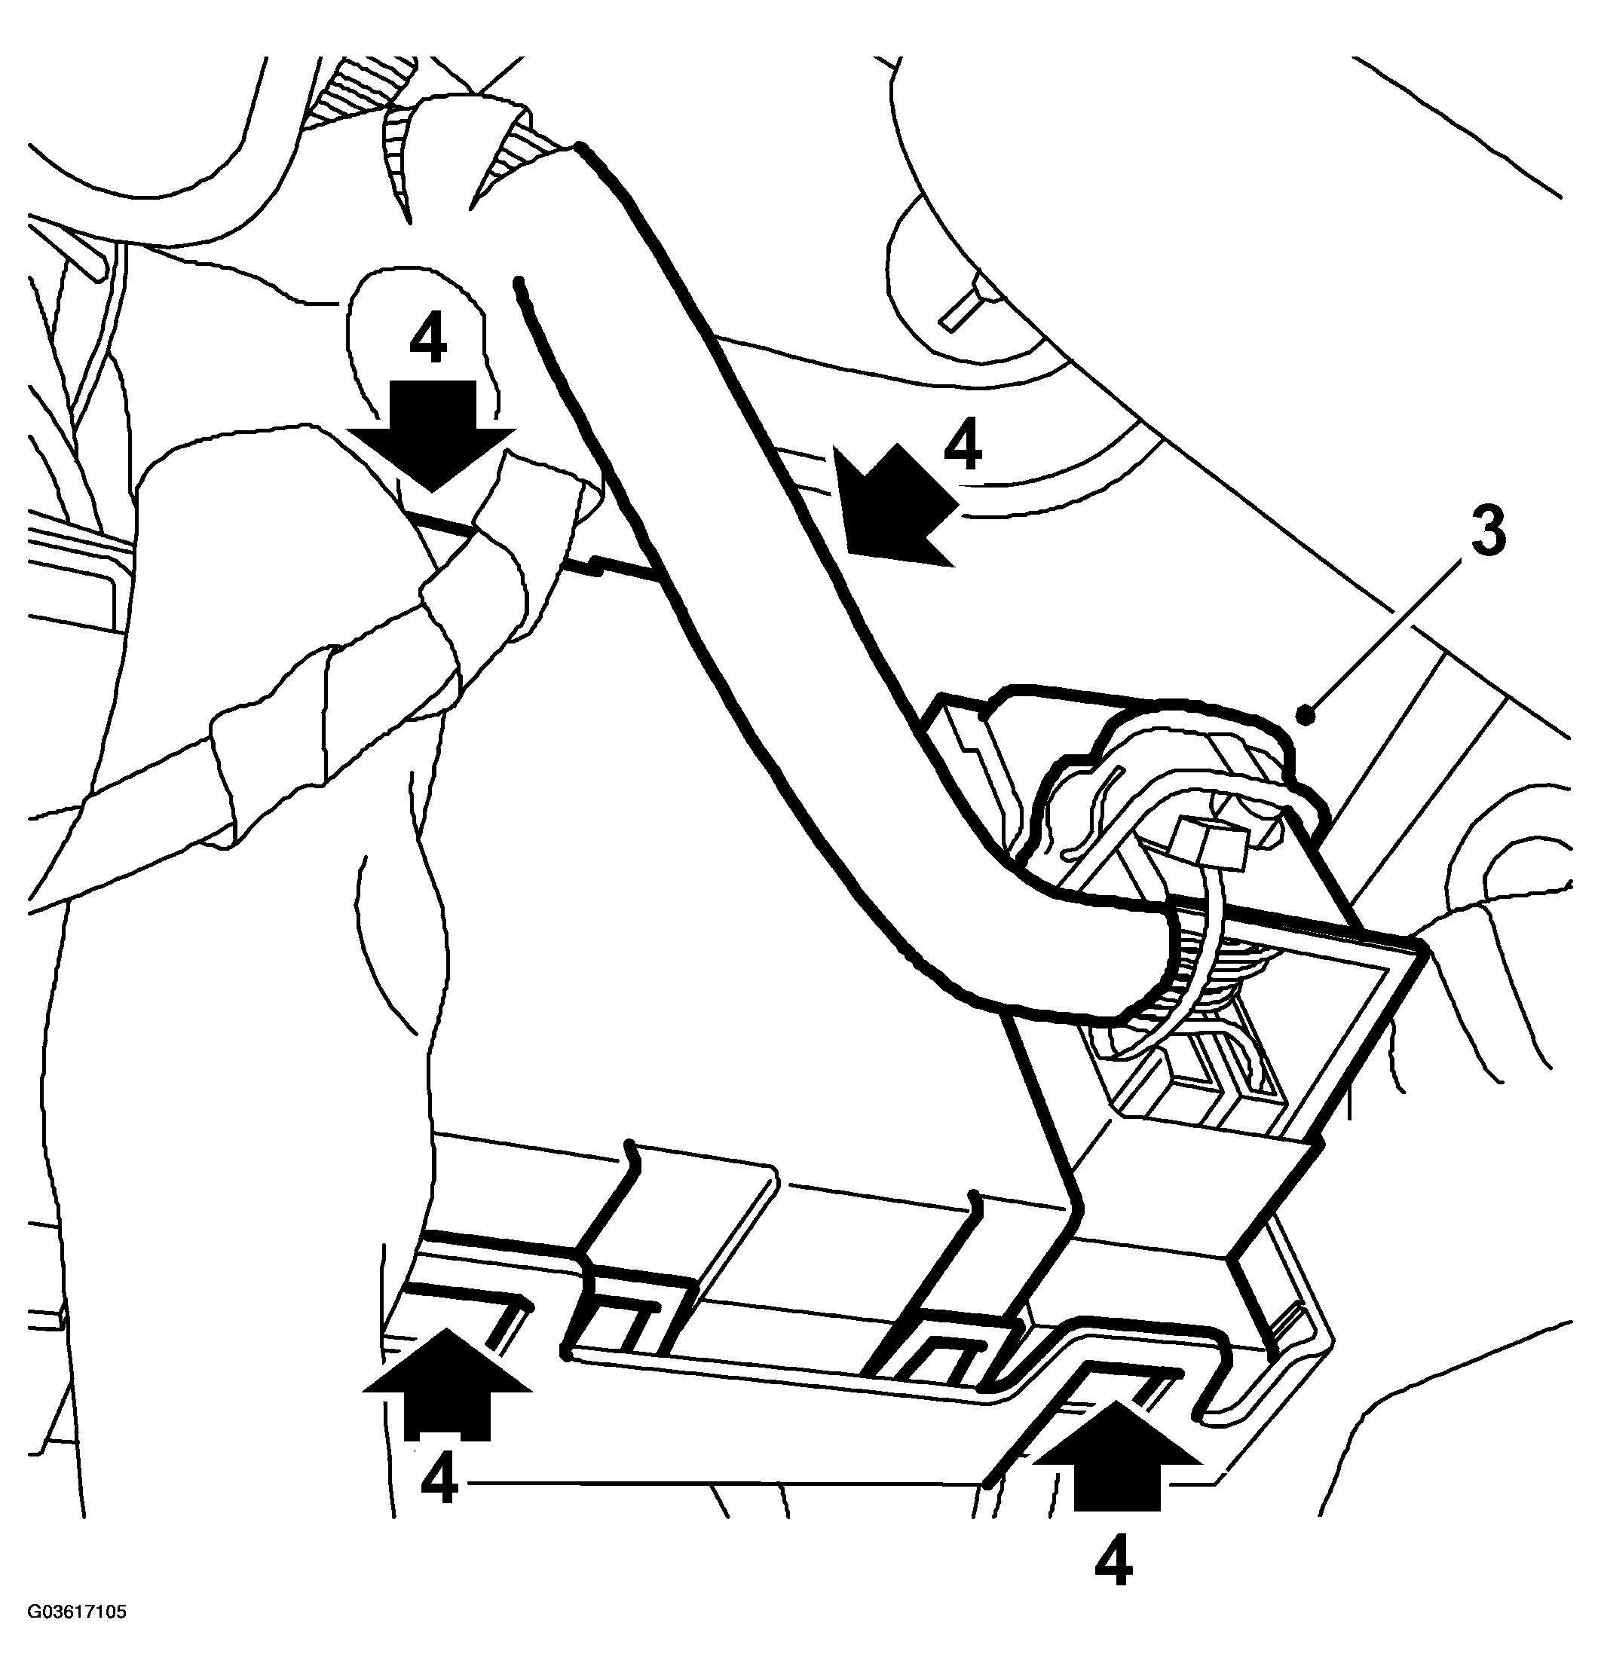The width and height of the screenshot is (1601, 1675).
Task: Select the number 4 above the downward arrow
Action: pyautogui.click(x=427, y=341)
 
